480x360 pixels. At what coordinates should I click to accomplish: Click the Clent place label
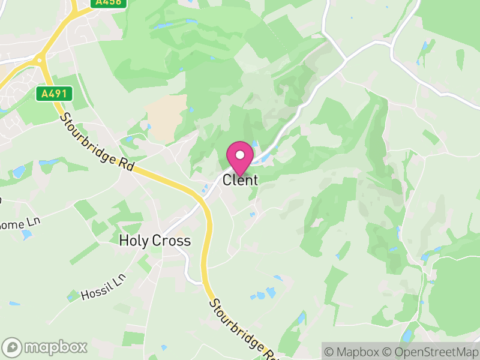tap(240, 179)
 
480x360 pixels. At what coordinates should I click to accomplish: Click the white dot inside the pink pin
tap(240, 155)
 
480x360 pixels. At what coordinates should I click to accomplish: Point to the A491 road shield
tap(54, 94)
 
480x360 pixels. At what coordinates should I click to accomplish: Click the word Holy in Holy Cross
tap(133, 241)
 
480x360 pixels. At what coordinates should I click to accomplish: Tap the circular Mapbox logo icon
tap(12, 347)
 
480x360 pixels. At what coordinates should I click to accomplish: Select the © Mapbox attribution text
tap(352, 352)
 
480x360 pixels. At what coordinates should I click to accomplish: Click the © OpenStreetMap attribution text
tap(430, 352)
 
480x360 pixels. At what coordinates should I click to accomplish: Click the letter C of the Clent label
tap(227, 179)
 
